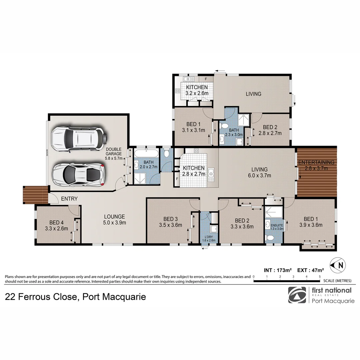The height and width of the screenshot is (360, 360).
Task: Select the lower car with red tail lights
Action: (79, 174)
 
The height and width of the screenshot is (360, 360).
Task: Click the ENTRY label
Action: (69, 199)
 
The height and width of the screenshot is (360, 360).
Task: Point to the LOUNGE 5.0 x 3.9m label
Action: (114, 220)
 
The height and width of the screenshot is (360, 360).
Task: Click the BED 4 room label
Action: (56, 225)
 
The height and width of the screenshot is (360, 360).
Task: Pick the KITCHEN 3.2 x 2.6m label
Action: (197, 90)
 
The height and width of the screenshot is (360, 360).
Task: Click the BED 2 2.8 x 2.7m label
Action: (270, 130)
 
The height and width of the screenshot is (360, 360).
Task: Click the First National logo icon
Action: (297, 295)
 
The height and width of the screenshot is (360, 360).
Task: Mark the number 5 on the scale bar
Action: (319, 277)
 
